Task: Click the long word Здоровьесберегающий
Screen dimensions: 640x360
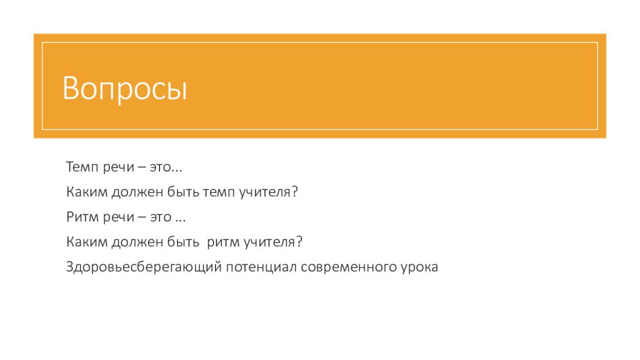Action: click(144, 267)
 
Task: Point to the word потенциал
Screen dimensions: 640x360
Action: click(261, 267)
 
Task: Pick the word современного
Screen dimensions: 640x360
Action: click(349, 267)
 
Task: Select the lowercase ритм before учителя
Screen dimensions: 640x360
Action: click(223, 242)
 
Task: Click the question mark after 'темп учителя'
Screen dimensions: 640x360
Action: click(295, 191)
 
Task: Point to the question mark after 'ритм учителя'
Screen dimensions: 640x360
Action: click(299, 241)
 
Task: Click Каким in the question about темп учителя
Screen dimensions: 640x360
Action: click(87, 192)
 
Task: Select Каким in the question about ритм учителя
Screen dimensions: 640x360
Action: click(87, 242)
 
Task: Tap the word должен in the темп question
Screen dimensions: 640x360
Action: click(137, 192)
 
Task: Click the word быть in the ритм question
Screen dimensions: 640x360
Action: click(183, 242)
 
